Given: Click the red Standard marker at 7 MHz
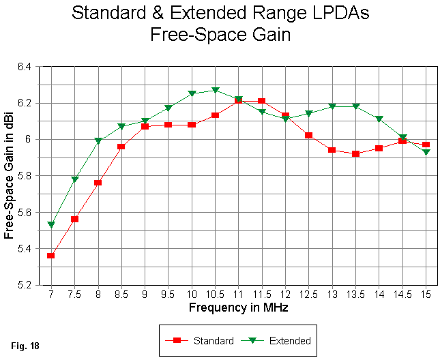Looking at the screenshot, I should (x=50, y=256).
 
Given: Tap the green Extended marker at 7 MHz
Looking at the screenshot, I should (x=50, y=225).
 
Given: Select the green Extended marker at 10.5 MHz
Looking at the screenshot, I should (x=215, y=91).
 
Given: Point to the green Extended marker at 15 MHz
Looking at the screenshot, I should (x=426, y=152).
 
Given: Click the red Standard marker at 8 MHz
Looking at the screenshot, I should (x=98, y=183).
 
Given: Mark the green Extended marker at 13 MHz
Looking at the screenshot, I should (x=332, y=106).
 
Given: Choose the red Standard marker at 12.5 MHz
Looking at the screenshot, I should (x=309, y=136).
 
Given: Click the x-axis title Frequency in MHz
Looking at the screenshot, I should (x=238, y=307).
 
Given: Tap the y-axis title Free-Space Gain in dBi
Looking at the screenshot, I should (x=10, y=176).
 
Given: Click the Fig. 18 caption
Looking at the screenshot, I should (x=25, y=346).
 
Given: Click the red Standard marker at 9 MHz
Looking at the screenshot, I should (x=145, y=126).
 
